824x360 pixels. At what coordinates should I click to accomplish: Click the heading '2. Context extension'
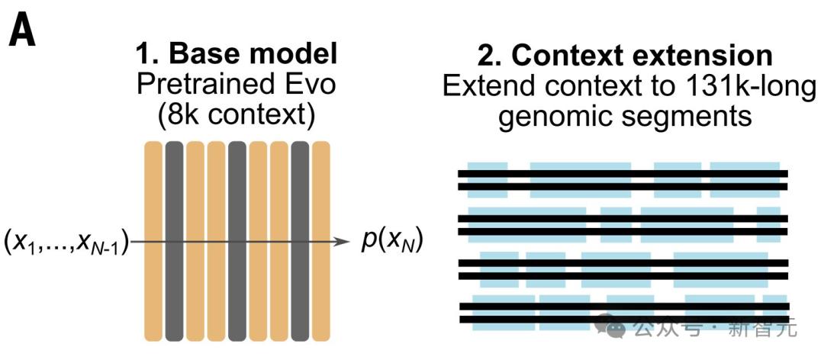(625, 55)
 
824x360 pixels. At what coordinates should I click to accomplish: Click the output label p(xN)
(391, 243)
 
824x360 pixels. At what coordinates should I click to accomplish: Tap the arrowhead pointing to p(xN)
(343, 243)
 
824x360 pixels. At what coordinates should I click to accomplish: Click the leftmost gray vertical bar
(174, 241)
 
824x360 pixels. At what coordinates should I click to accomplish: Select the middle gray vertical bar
(237, 241)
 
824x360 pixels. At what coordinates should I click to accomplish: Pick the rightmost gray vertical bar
(300, 241)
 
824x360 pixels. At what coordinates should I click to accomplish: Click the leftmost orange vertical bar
(153, 241)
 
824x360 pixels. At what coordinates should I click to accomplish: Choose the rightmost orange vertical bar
(321, 241)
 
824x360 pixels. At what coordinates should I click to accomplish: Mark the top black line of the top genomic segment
(623, 173)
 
